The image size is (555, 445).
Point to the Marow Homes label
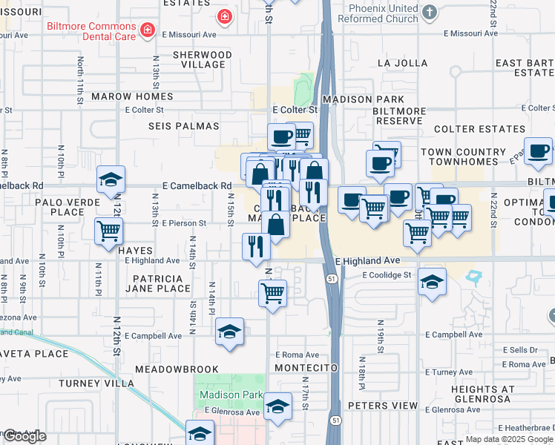pyautogui.click(x=132, y=96)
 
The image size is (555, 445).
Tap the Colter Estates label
pyautogui.click(x=479, y=129)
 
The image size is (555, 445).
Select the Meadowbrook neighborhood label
pyautogui.click(x=177, y=369)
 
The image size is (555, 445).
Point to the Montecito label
pyautogui.click(x=306, y=368)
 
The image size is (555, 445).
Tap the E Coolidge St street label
pyautogui.click(x=387, y=274)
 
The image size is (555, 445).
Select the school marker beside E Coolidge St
pyautogui.click(x=432, y=283)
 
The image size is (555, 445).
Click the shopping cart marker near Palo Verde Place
pyautogui.click(x=109, y=231)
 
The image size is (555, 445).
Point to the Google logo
pyautogui.click(x=24, y=436)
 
